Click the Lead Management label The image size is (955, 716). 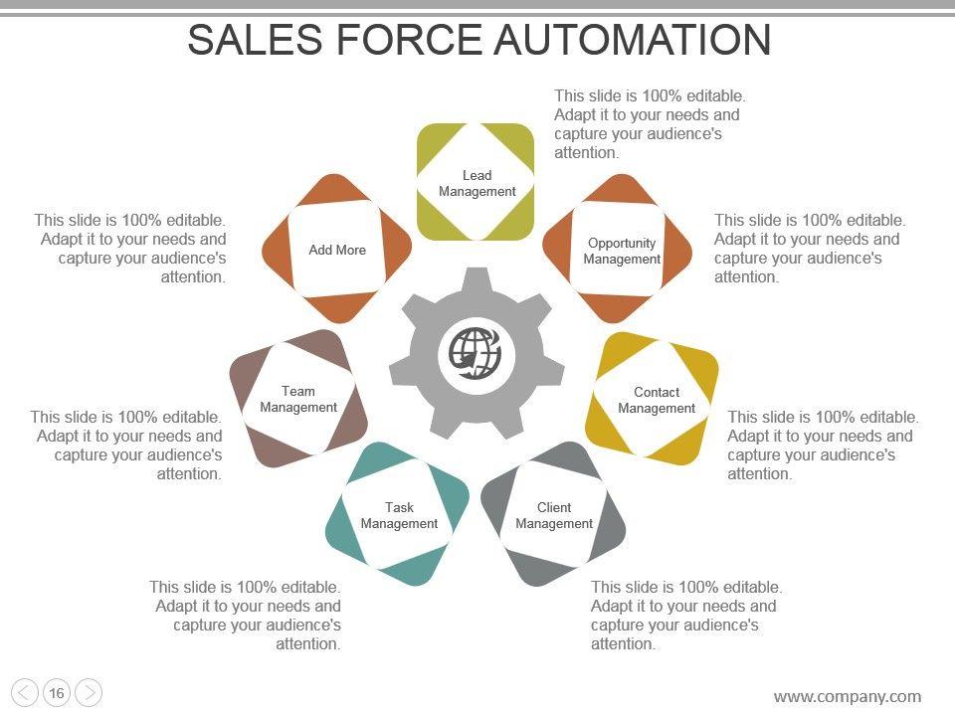pos(477,184)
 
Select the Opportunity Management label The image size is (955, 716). pos(622,251)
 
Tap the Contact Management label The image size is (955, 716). pos(657,400)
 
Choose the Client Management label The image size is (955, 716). pos(554,515)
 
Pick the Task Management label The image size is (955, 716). pos(399,515)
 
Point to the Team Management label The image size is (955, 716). pos(298,399)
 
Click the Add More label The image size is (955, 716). pos(337,250)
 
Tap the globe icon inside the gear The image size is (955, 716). pos(476,352)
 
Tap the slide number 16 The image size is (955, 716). pos(57,693)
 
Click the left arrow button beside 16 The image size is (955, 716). pos(26,693)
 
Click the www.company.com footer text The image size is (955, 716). pos(848,696)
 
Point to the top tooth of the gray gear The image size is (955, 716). pos(476,281)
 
